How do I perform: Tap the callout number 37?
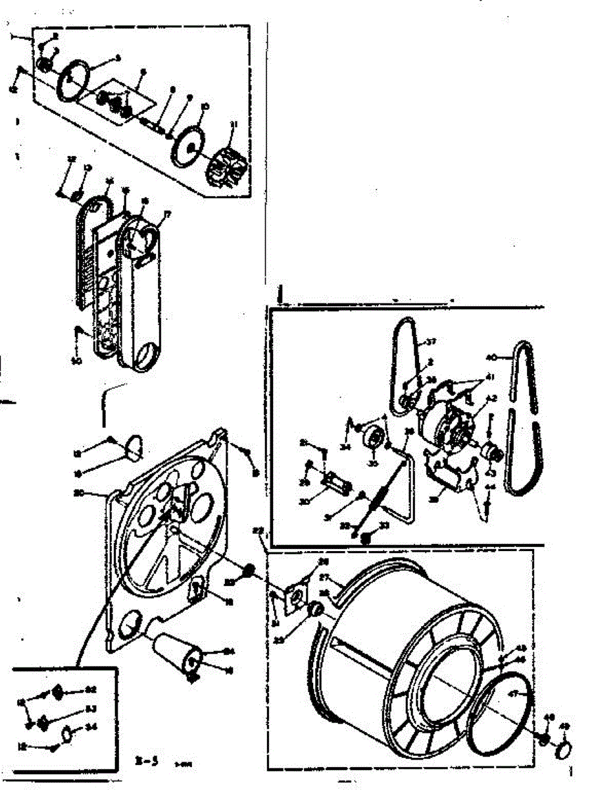[x=431, y=342]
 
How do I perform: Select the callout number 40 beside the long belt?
[x=490, y=357]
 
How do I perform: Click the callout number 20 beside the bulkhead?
[x=97, y=492]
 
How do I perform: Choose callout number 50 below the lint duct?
[x=76, y=361]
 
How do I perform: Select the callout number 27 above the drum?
[x=323, y=577]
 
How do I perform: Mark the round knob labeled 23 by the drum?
[x=315, y=610]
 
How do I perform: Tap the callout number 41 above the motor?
[x=490, y=377]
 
